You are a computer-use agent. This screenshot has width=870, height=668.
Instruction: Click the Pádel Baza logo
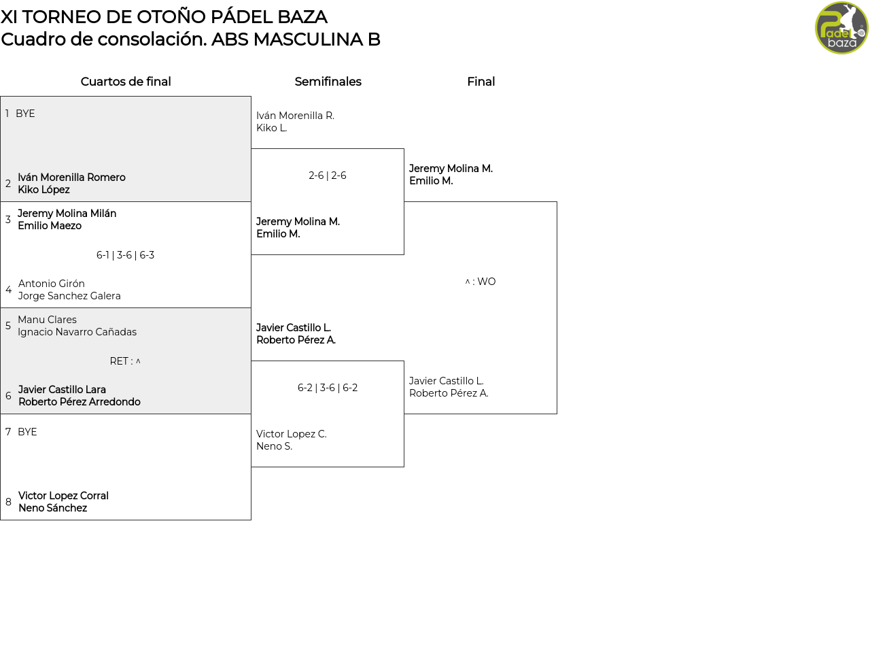tap(841, 28)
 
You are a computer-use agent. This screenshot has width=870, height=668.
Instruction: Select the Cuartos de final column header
tap(126, 82)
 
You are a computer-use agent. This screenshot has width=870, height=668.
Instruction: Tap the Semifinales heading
tap(328, 82)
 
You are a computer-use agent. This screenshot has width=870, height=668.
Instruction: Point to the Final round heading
tap(481, 82)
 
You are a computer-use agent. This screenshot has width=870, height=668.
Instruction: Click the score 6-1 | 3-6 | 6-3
tap(125, 255)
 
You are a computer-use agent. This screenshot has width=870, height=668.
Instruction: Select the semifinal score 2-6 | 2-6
tap(328, 176)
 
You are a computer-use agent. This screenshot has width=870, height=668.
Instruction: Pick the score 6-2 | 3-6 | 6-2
tap(328, 388)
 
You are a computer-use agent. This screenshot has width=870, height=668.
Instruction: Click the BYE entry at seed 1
tap(25, 114)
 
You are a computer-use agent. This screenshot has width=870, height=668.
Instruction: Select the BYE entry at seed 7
tap(27, 432)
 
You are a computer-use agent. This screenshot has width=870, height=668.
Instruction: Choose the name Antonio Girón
tap(51, 284)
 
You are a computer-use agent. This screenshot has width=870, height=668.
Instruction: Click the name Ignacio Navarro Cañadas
tap(77, 332)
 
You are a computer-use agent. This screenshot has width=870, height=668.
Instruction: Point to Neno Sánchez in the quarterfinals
tap(53, 508)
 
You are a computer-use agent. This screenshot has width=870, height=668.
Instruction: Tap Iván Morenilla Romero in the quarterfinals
tap(71, 178)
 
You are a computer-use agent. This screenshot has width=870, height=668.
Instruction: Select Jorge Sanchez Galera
tap(69, 296)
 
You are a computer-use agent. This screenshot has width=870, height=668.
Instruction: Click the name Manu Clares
tap(48, 320)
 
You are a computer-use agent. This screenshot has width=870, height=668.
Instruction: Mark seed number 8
tap(8, 502)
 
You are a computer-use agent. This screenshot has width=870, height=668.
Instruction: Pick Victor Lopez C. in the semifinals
tap(292, 434)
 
